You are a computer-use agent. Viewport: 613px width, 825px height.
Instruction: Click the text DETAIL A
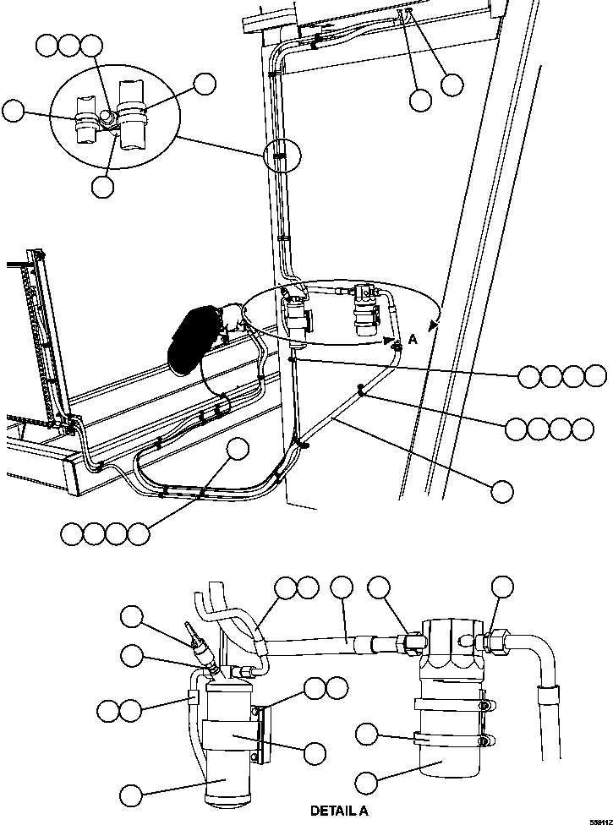click(339, 811)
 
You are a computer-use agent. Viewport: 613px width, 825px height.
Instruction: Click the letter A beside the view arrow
click(413, 338)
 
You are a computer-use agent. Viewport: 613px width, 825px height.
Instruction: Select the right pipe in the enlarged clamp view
click(132, 114)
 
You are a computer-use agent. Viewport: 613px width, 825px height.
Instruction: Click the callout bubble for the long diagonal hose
click(503, 491)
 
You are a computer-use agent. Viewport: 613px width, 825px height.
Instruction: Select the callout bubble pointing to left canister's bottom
click(131, 795)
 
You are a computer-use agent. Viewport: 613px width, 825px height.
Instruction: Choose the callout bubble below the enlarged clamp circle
click(102, 187)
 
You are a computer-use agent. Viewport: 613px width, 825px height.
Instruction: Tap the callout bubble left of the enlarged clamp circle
click(14, 111)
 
